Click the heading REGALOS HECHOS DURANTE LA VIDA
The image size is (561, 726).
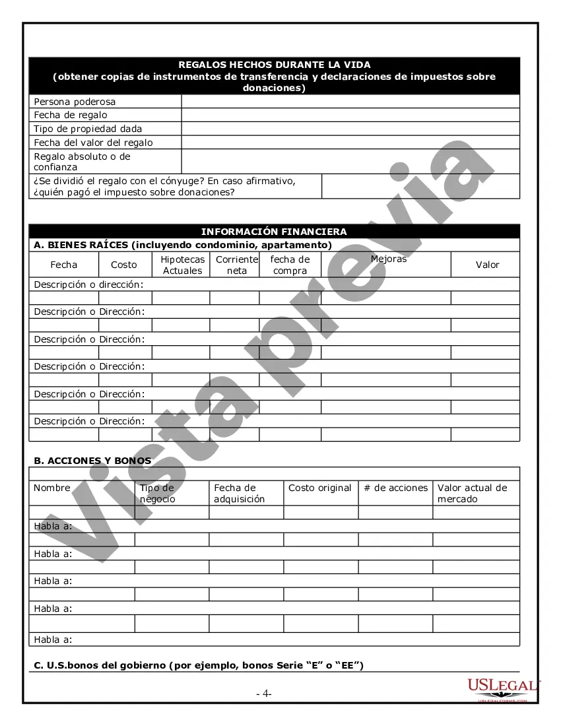[274, 65]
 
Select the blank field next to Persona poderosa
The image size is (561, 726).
[350, 102]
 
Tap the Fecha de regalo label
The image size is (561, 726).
[71, 115]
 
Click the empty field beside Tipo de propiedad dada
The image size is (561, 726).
[350, 129]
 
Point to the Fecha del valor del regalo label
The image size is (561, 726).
[93, 143]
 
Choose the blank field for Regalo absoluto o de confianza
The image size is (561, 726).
[350, 162]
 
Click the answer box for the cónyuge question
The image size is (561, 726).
[420, 187]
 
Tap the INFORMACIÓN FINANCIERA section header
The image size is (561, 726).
[274, 232]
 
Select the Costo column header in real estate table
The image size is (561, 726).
[124, 265]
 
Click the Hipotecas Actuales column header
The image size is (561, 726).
[183, 265]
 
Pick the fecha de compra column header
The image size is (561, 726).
[290, 265]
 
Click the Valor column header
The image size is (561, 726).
[488, 265]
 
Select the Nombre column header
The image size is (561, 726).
[52, 488]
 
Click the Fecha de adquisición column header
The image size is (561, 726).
[239, 494]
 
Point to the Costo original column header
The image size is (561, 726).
[320, 488]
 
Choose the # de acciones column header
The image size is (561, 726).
[396, 488]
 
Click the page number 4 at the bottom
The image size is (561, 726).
[264, 694]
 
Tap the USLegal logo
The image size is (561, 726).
[503, 687]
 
